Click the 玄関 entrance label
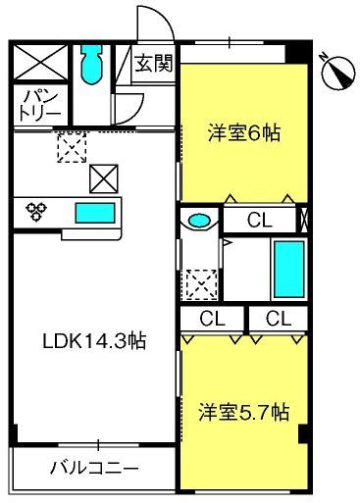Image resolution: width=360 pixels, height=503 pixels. (x=154, y=63)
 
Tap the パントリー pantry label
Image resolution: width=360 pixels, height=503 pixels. (x=40, y=105)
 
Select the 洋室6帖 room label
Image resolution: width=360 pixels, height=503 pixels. (x=244, y=133)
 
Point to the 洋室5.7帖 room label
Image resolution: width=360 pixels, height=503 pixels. (x=244, y=412)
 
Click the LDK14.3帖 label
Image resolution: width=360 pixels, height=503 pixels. (x=94, y=341)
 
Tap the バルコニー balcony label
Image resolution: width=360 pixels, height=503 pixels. (x=94, y=469)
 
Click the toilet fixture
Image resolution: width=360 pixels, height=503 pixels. (x=91, y=64)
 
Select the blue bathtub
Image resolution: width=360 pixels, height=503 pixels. (x=289, y=269)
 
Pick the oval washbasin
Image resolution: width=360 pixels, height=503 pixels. (x=199, y=220)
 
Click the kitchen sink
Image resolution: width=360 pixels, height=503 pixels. (x=95, y=213)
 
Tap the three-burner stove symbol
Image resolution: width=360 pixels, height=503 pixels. (x=36, y=211)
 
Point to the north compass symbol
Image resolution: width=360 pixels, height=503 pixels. (x=338, y=73)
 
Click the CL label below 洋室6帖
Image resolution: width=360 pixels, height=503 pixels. (x=260, y=220)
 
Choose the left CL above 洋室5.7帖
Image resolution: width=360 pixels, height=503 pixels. (x=212, y=319)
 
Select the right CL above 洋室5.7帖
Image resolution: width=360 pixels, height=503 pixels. (x=279, y=319)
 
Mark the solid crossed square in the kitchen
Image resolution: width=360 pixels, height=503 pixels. (x=104, y=178)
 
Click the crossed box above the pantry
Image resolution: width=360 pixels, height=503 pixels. (x=40, y=63)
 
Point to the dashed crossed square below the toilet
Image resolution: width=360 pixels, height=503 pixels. (x=72, y=147)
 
